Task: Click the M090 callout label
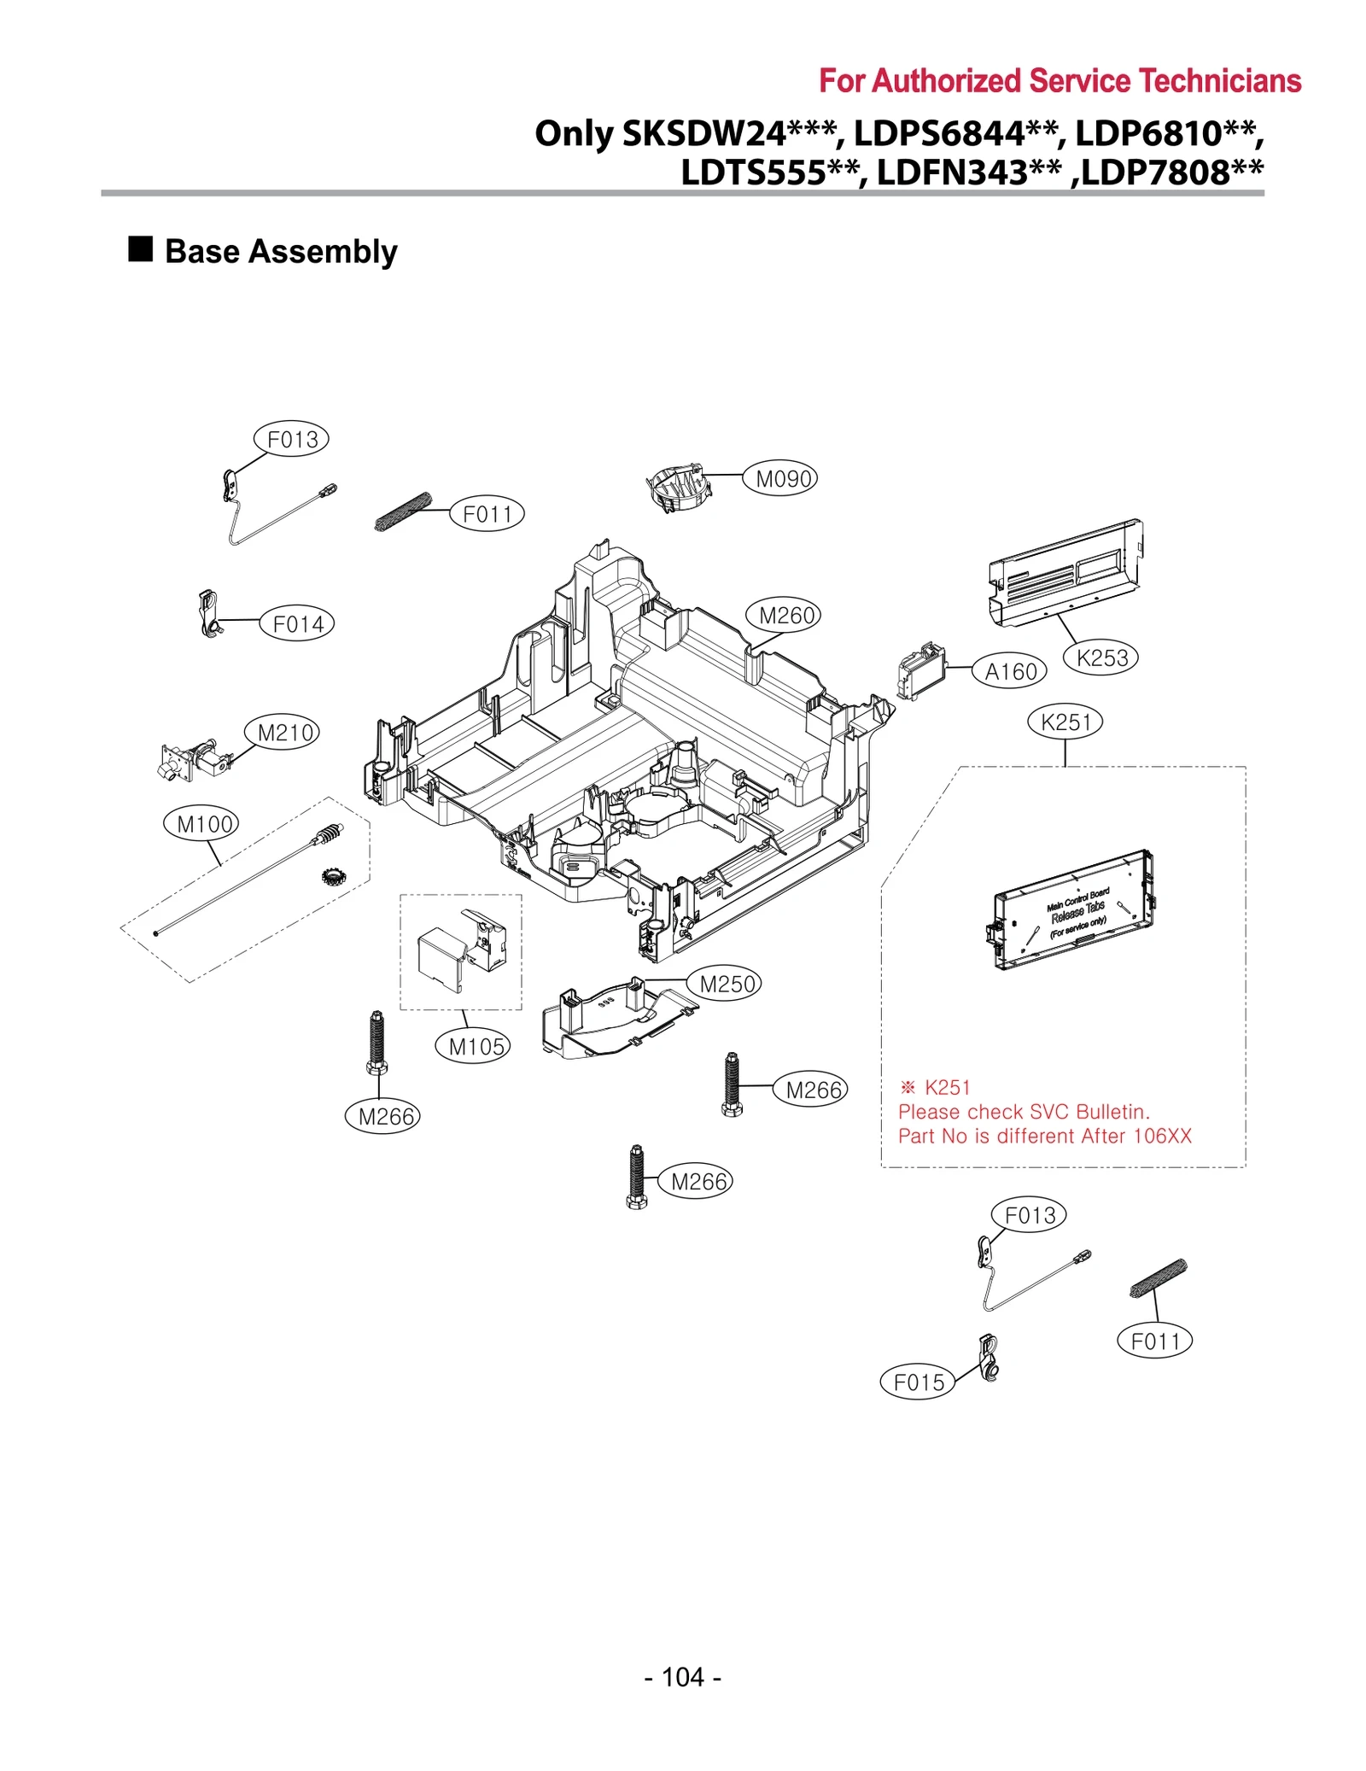pyautogui.click(x=784, y=478)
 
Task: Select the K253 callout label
pyautogui.click(x=1101, y=658)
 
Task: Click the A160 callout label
pyautogui.click(x=1010, y=672)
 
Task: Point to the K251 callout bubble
pyautogui.click(x=1065, y=722)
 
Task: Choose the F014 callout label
pyautogui.click(x=297, y=624)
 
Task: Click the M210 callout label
pyautogui.click(x=286, y=733)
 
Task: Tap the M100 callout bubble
pyautogui.click(x=204, y=824)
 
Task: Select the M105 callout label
pyautogui.click(x=476, y=1046)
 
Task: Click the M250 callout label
pyautogui.click(x=727, y=984)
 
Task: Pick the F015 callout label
pyautogui.click(x=919, y=1382)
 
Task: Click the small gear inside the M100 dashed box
pyautogui.click(x=332, y=876)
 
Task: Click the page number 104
pyautogui.click(x=683, y=1677)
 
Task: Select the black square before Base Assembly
pyautogui.click(x=140, y=249)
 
